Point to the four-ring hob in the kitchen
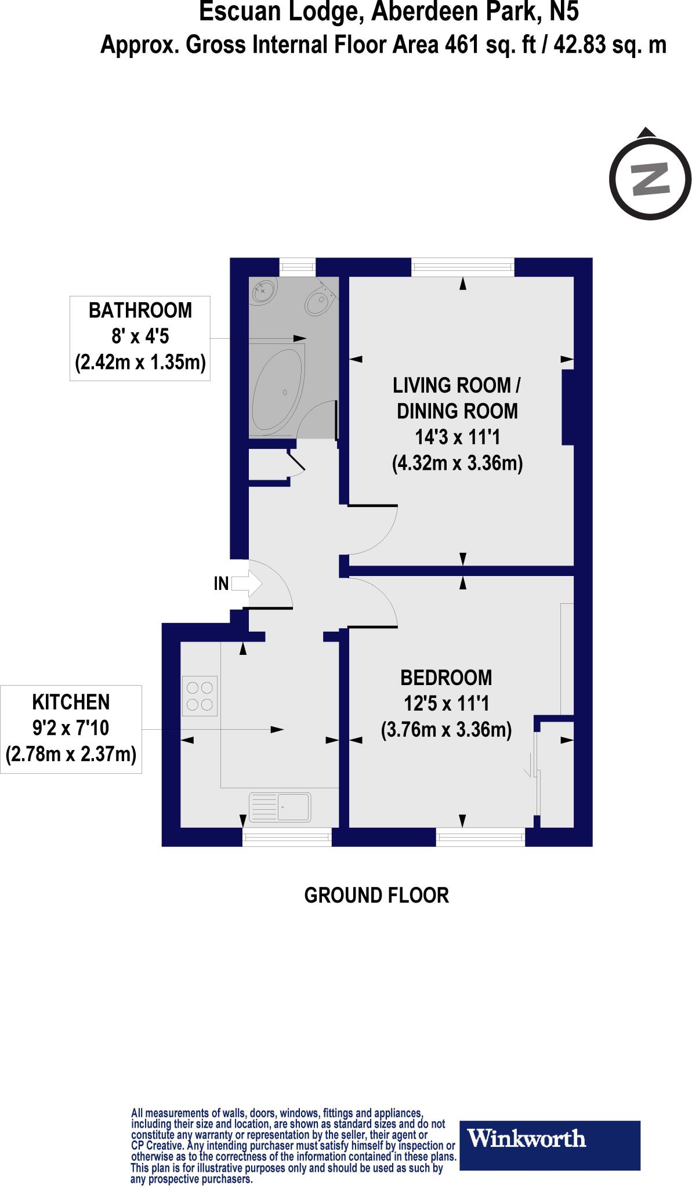200,696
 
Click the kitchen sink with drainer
280,807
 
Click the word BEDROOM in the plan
446,678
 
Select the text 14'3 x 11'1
458,437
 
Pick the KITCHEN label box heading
71,702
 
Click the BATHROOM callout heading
140,310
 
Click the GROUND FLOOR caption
376,895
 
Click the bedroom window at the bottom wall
480,836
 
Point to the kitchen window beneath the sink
287,836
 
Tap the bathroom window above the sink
298,267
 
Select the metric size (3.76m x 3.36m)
446,729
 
